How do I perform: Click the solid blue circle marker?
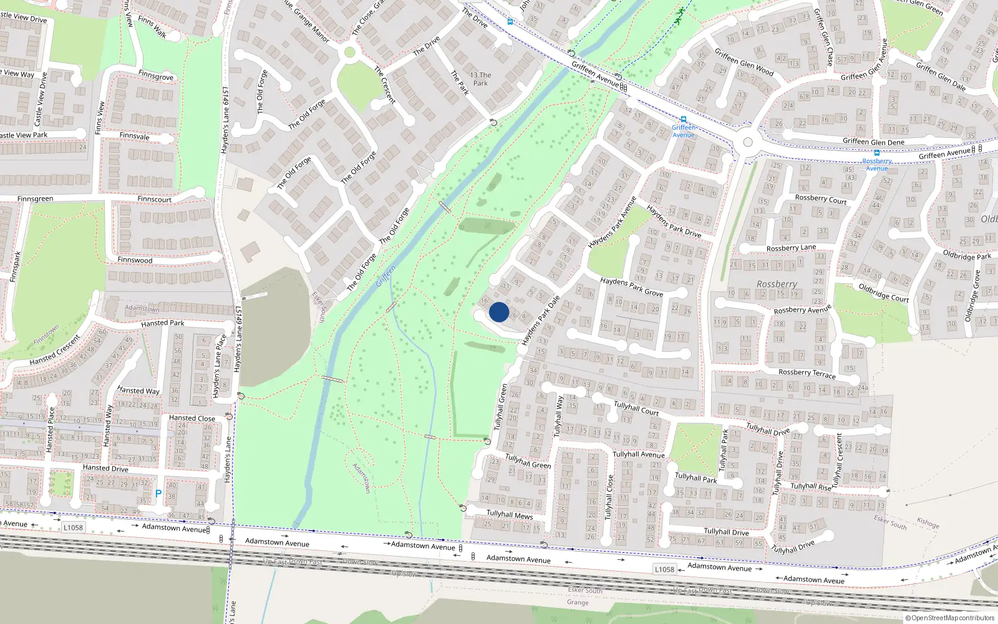(x=499, y=312)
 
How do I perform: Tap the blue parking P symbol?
(x=158, y=494)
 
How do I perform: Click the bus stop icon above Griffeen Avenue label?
(x=684, y=119)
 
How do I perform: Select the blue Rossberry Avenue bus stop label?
(x=876, y=165)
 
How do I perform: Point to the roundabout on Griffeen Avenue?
(x=747, y=143)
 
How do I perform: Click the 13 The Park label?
(x=480, y=79)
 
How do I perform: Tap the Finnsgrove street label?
(x=156, y=76)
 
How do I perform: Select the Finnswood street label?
(x=135, y=260)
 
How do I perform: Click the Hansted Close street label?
(x=192, y=418)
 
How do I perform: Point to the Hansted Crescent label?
(x=55, y=351)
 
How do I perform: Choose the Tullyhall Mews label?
(x=510, y=515)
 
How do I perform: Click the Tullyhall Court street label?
(x=636, y=408)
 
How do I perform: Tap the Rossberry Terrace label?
(x=807, y=373)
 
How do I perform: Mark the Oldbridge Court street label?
(x=884, y=293)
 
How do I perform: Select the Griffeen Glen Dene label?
(x=873, y=142)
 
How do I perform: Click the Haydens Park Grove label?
(x=631, y=286)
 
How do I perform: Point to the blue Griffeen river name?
(x=385, y=276)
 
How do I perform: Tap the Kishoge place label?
(x=928, y=523)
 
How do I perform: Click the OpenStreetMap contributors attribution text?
(x=949, y=618)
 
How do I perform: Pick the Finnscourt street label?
(x=155, y=200)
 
